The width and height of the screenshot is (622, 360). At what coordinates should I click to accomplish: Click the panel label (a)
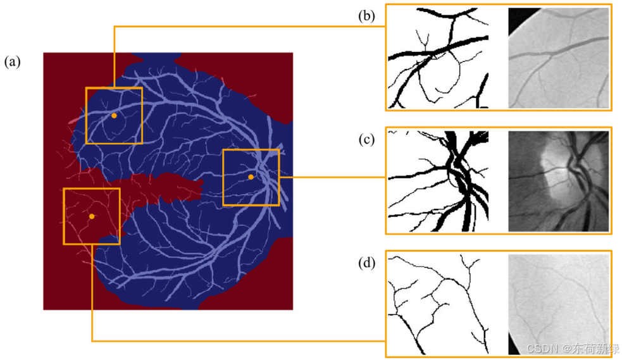[13, 62]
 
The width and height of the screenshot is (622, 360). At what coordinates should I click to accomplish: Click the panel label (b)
[366, 15]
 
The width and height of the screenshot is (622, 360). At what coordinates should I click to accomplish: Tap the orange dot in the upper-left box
[114, 116]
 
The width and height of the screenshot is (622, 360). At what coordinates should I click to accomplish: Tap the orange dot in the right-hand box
[251, 177]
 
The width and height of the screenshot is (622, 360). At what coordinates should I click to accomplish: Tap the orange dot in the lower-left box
[92, 216]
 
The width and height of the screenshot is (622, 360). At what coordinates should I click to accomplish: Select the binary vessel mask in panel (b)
[438, 58]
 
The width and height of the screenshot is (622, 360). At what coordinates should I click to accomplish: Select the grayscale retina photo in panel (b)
[558, 58]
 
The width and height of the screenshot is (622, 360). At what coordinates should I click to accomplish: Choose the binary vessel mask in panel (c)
[438, 180]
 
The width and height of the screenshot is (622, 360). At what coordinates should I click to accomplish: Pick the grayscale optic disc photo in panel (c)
[558, 180]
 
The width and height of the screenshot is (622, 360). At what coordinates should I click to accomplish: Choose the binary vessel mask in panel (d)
[438, 304]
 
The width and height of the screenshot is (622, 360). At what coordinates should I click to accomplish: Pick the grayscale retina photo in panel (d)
[558, 304]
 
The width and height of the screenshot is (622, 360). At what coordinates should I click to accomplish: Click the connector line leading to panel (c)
[332, 178]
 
